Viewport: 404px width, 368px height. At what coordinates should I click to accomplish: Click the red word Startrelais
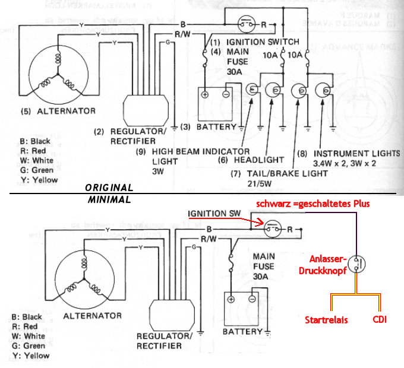[x=326, y=320]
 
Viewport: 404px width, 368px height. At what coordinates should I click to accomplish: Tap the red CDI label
[x=380, y=319]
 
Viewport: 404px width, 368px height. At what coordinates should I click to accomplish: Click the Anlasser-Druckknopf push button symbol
[x=356, y=264]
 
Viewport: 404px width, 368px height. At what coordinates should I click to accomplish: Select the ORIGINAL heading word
[x=109, y=188]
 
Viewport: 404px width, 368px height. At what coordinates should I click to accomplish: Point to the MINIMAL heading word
[x=109, y=199]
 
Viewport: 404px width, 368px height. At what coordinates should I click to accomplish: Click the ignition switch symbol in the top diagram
[x=247, y=24]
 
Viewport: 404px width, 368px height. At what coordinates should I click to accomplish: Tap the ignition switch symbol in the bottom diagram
[x=273, y=229]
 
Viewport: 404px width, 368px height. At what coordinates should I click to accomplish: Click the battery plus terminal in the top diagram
[x=205, y=94]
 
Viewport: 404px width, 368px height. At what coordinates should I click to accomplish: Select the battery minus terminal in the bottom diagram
[x=252, y=299]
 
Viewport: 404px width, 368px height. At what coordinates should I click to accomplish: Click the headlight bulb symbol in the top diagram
[x=273, y=90]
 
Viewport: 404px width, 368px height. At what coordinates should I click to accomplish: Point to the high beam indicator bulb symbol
[x=252, y=89]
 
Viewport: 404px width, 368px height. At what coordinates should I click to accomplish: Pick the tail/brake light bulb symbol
[x=299, y=91]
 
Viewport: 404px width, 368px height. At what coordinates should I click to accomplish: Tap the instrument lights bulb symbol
[x=324, y=90]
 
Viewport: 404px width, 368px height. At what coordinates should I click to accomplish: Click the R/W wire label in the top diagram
[x=182, y=34]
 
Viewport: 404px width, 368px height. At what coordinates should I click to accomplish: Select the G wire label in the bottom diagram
[x=194, y=248]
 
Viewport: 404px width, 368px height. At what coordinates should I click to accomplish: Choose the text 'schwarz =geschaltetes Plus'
[x=313, y=204]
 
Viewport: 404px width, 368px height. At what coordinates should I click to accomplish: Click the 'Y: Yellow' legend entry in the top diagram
[x=39, y=180]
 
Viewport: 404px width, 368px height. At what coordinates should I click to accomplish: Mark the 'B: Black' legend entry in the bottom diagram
[x=27, y=317]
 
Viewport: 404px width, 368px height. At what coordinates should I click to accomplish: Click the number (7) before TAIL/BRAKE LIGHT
[x=235, y=174]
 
